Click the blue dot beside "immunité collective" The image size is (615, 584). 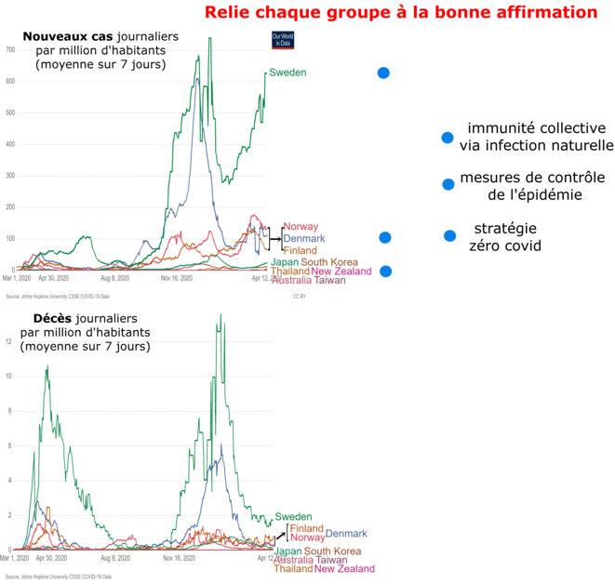coord(448,138)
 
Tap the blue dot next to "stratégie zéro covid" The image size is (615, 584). coord(450,236)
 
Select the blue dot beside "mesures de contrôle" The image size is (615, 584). coord(448,183)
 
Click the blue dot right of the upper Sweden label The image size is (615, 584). coord(382,73)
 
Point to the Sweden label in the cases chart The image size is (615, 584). coord(287,73)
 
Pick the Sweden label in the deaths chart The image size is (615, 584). coord(293,517)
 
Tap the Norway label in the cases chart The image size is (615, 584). coord(301,227)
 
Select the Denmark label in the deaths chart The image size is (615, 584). coord(346,533)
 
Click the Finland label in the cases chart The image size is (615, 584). coord(300,251)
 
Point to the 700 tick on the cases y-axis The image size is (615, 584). coord(11,49)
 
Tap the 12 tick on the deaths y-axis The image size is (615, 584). coord(8,341)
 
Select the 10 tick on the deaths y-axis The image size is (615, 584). coord(8,376)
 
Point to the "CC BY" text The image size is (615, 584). coord(300,297)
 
